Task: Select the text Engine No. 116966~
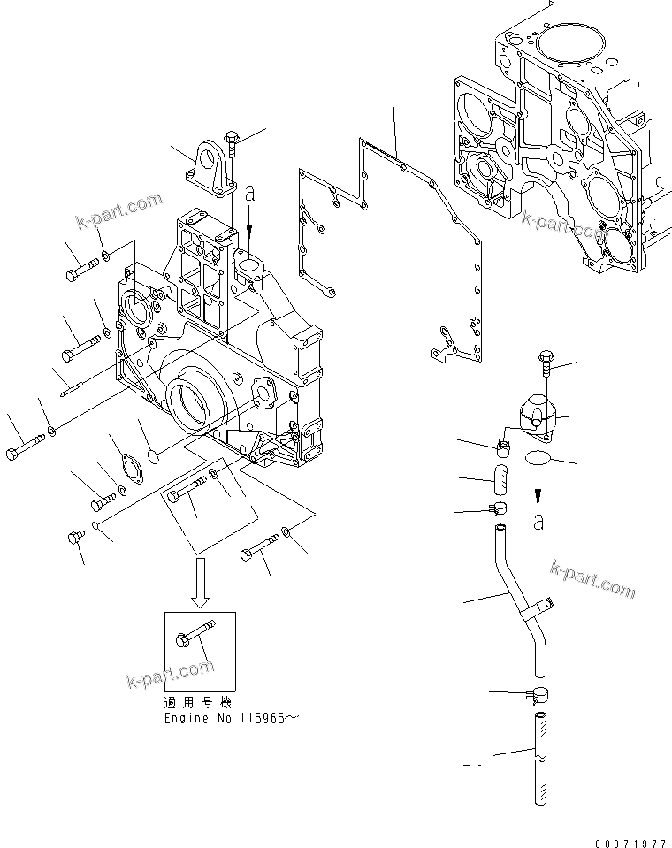coord(233,718)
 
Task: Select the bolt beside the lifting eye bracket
coord(232,142)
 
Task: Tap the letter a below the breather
coord(538,523)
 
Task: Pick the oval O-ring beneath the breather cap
coord(538,459)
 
